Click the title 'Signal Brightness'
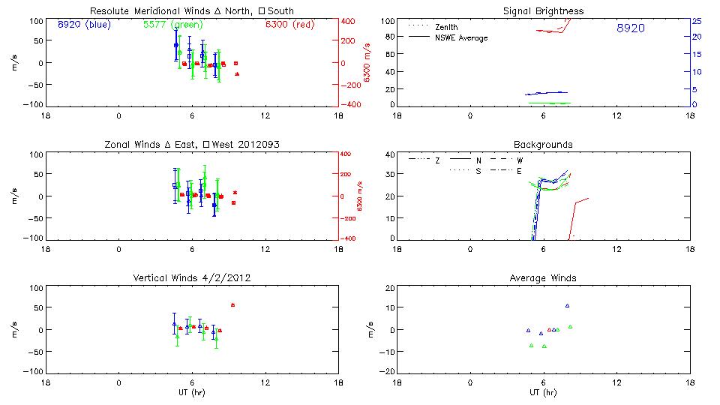pyautogui.click(x=543, y=11)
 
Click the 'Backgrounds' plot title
pyautogui.click(x=543, y=144)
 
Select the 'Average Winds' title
pyautogui.click(x=543, y=278)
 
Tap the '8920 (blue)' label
pyautogui.click(x=84, y=24)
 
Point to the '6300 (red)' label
pyautogui.click(x=291, y=24)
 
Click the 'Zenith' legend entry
pyautogui.click(x=446, y=27)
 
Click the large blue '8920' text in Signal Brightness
pyautogui.click(x=630, y=28)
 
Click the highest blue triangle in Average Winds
pyautogui.click(x=568, y=305)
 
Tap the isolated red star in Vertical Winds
pyautogui.click(x=233, y=305)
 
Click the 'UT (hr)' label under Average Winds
pyautogui.click(x=543, y=392)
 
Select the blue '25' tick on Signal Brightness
pyautogui.click(x=697, y=20)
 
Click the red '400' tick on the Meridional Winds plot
pyautogui.click(x=349, y=20)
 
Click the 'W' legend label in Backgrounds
pyautogui.click(x=520, y=160)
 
